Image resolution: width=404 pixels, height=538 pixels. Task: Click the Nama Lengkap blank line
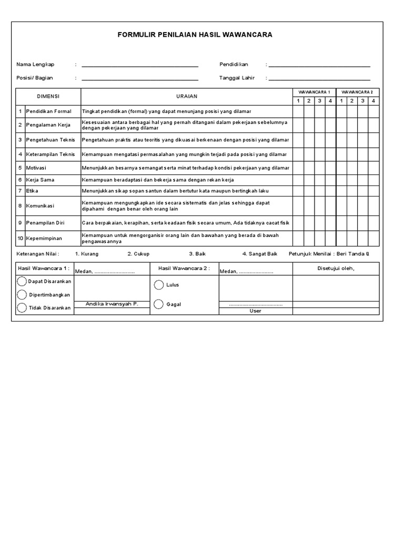[140, 66]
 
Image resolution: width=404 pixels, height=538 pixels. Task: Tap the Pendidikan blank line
[320, 66]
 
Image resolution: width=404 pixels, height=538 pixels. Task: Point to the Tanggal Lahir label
[237, 78]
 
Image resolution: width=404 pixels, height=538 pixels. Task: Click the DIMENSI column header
[48, 97]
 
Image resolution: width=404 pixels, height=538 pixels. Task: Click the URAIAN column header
[186, 97]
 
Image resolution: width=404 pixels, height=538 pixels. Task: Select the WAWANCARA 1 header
[314, 92]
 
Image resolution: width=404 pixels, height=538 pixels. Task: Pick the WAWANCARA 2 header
[357, 92]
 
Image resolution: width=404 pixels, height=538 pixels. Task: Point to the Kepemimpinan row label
[44, 238]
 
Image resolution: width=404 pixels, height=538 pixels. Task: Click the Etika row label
[33, 190]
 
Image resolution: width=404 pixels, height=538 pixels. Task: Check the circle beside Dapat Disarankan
[22, 282]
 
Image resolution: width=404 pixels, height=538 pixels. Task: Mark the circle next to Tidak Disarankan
[22, 308]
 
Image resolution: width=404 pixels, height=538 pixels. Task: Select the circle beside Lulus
[159, 285]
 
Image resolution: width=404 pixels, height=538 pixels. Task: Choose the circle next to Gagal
[159, 304]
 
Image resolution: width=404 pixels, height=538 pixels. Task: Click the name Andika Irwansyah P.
[112, 304]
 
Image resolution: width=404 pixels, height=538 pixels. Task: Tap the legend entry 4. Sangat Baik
[259, 254]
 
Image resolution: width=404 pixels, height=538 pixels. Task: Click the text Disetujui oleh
[336, 269]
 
